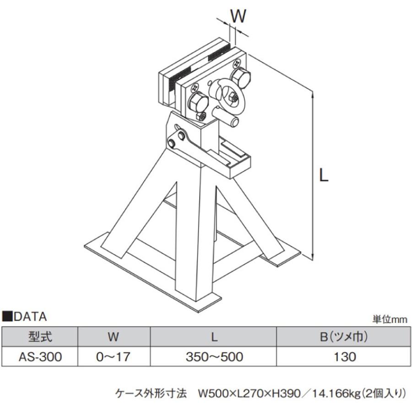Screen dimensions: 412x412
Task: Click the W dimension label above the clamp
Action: [238, 16]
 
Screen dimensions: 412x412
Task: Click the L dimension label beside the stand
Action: [324, 175]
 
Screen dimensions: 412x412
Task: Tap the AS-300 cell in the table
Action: [40, 357]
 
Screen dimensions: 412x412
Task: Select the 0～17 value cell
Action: [113, 357]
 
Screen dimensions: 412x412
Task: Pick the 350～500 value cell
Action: [214, 357]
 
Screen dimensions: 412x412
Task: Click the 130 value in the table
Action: [344, 357]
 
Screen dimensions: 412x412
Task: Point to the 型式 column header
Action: [40, 337]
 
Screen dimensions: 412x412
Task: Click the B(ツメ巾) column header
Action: [344, 337]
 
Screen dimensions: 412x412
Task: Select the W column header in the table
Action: [113, 337]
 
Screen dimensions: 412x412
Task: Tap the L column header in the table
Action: [214, 337]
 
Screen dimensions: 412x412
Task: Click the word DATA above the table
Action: [30, 317]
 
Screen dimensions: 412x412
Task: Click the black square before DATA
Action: [7, 317]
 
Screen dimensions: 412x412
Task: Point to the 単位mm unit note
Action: [390, 320]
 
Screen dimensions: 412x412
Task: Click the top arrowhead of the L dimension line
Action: [312, 95]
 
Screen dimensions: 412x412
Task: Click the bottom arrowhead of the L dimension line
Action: [312, 257]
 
